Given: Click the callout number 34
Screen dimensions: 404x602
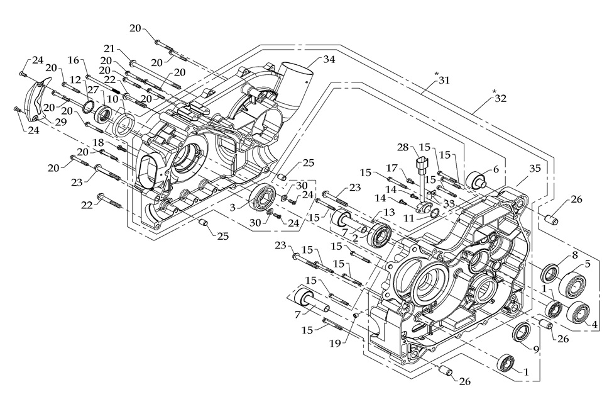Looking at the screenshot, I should [x=329, y=60].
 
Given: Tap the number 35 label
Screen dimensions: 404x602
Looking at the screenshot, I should [x=535, y=169].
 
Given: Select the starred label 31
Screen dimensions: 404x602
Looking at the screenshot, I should [x=445, y=81].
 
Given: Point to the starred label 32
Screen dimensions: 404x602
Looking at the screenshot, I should [x=500, y=98].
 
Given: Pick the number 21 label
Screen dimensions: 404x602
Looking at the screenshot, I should [x=109, y=49].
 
